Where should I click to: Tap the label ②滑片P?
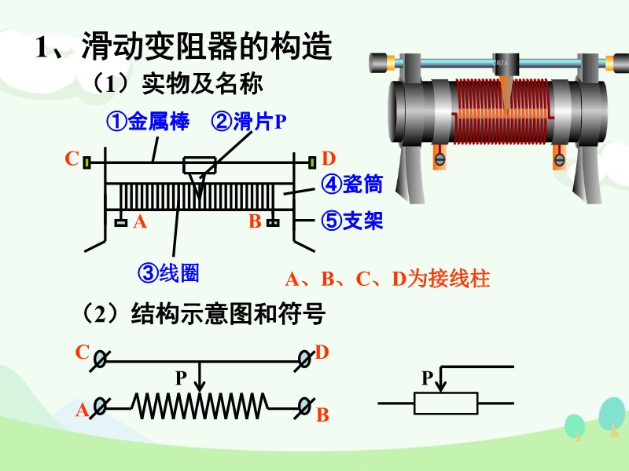point(249,122)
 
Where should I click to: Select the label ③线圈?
point(168,272)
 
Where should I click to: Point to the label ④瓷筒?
point(351,185)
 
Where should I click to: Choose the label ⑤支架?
point(351,221)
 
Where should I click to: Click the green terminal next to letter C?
point(88,162)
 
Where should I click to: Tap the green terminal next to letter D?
point(311,162)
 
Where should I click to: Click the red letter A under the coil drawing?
point(140,222)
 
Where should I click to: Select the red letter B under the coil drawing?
point(254,222)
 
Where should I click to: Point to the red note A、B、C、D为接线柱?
point(387,279)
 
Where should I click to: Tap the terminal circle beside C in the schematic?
point(101,360)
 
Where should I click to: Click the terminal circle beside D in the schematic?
point(305,360)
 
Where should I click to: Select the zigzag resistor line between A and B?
point(201,406)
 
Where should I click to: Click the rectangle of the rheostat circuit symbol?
point(446,403)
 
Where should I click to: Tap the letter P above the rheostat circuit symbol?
point(427,379)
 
